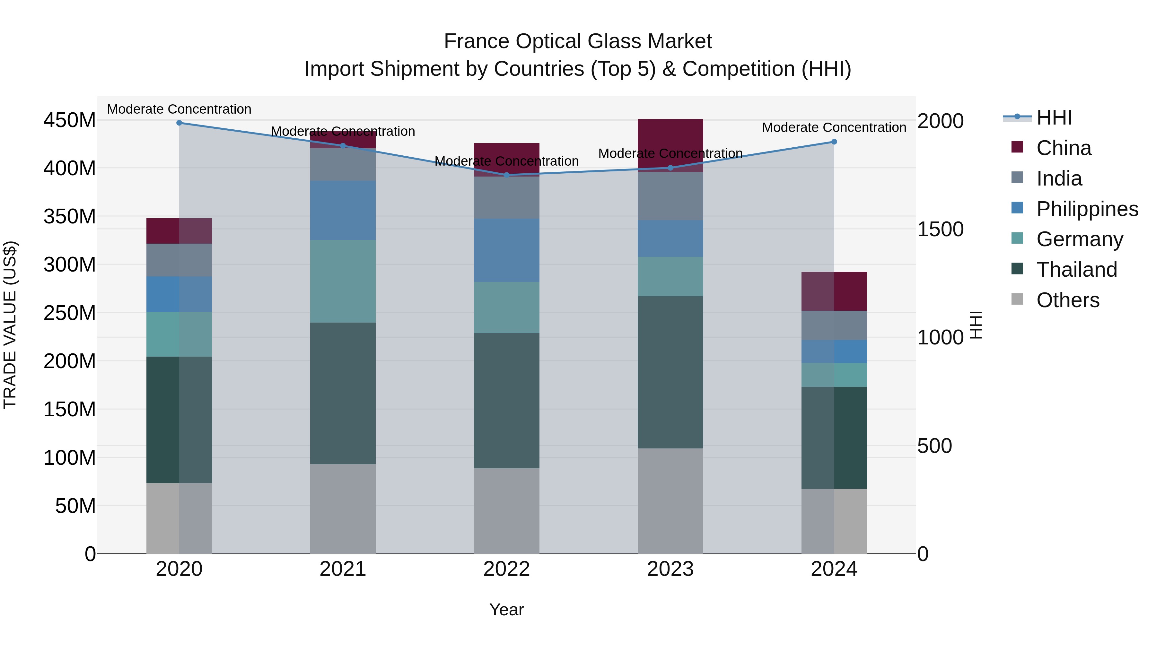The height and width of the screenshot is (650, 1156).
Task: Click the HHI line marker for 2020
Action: (x=179, y=123)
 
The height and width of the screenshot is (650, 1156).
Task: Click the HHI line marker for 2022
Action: (x=507, y=175)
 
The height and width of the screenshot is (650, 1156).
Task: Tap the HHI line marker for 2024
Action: (x=834, y=142)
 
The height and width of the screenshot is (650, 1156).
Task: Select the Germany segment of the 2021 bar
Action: (x=343, y=281)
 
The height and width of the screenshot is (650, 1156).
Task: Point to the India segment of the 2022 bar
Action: (x=507, y=197)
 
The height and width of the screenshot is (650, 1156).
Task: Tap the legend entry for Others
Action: (x=1067, y=300)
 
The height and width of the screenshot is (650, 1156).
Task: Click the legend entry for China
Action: (x=1063, y=148)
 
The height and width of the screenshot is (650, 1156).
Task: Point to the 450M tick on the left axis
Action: (x=70, y=120)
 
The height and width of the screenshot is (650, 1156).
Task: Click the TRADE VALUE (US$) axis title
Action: (x=10, y=325)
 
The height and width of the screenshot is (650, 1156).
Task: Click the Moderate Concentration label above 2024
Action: (x=834, y=127)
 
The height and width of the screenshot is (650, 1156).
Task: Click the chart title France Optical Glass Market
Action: (x=578, y=41)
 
